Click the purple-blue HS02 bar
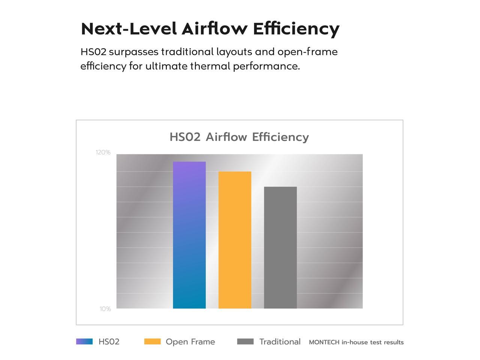[x=189, y=235]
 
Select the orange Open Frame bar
[x=235, y=240]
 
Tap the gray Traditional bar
[x=280, y=247]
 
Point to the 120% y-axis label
[x=103, y=152]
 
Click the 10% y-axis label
[x=105, y=309]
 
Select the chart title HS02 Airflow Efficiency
[x=239, y=137]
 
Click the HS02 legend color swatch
[x=84, y=342]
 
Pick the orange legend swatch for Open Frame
[x=152, y=342]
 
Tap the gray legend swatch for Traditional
[x=245, y=342]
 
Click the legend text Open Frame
[x=190, y=342]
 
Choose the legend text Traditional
[x=280, y=342]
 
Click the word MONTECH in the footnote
[x=324, y=342]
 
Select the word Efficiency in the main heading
[x=296, y=29]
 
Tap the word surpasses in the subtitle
[x=134, y=52]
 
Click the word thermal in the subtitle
[x=210, y=66]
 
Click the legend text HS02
[x=109, y=342]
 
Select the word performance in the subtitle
[x=266, y=66]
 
